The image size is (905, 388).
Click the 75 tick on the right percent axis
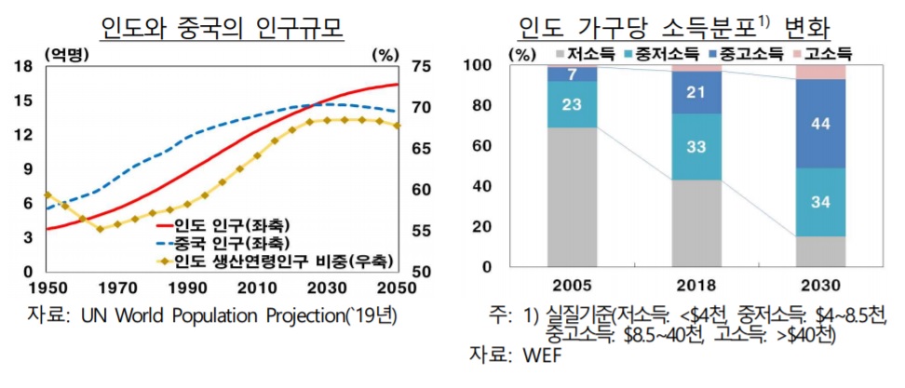[x=418, y=66]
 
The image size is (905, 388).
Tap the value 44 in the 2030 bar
[x=820, y=123]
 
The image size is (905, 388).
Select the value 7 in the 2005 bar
[x=572, y=74]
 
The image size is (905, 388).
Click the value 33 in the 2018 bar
[x=696, y=147]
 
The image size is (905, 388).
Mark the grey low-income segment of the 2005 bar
[x=572, y=196]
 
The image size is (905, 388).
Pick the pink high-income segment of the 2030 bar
[x=820, y=72]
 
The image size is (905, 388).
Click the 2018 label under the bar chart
[x=696, y=285]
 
